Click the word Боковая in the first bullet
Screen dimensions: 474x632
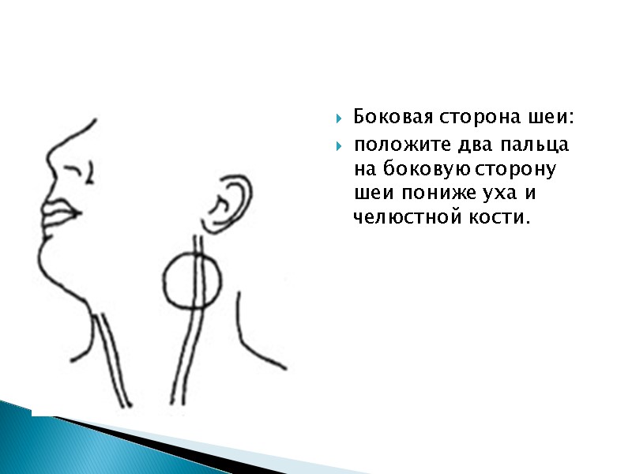point(389,118)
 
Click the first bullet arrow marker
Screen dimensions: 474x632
point(339,120)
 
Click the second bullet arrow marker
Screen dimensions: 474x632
point(339,147)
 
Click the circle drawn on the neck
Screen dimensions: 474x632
point(194,280)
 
